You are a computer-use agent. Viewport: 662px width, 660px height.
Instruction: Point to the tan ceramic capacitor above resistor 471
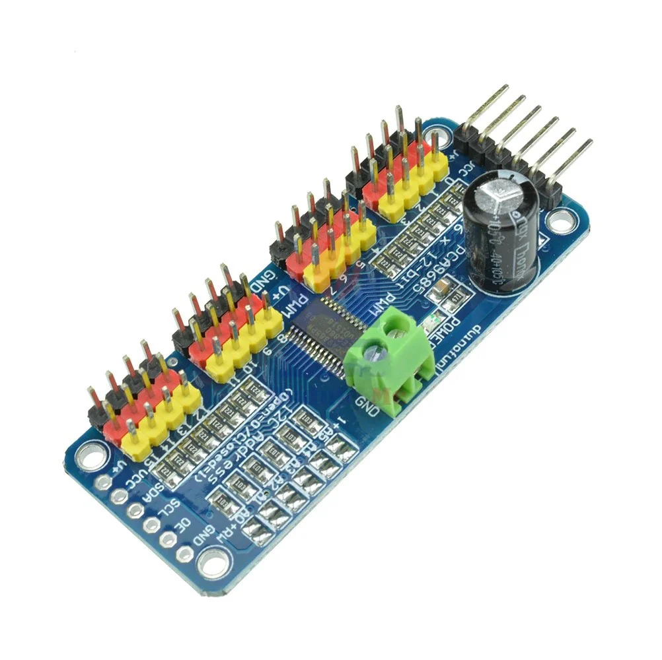(444, 286)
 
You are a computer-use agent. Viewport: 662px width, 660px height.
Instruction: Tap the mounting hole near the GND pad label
(213, 564)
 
